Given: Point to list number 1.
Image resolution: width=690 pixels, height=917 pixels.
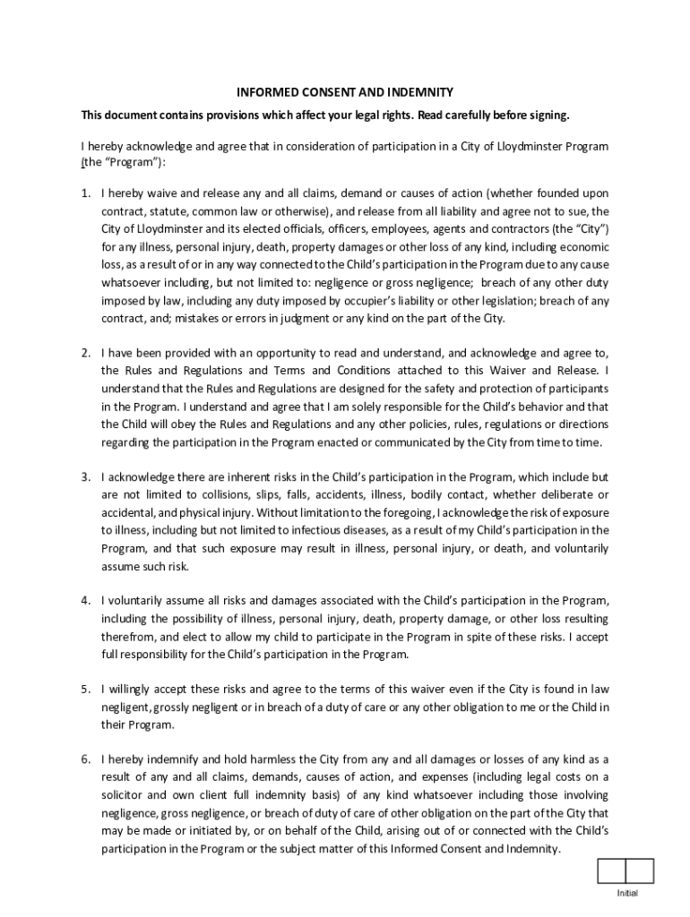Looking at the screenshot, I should (86, 193).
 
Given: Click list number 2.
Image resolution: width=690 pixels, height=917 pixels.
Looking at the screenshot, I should (86, 353).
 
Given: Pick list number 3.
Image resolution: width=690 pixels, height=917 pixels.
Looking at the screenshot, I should (86, 476).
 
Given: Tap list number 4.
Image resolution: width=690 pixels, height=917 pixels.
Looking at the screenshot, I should (86, 600).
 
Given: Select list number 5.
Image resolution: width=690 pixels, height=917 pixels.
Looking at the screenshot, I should (86, 689).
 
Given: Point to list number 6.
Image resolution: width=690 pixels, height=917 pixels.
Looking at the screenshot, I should (86, 759).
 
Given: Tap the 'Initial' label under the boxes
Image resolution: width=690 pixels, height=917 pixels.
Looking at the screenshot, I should (626, 894).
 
